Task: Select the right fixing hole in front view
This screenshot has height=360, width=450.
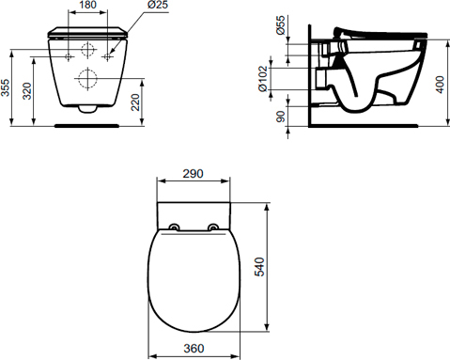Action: point(109,56)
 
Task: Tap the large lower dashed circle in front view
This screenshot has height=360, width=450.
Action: point(88,78)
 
